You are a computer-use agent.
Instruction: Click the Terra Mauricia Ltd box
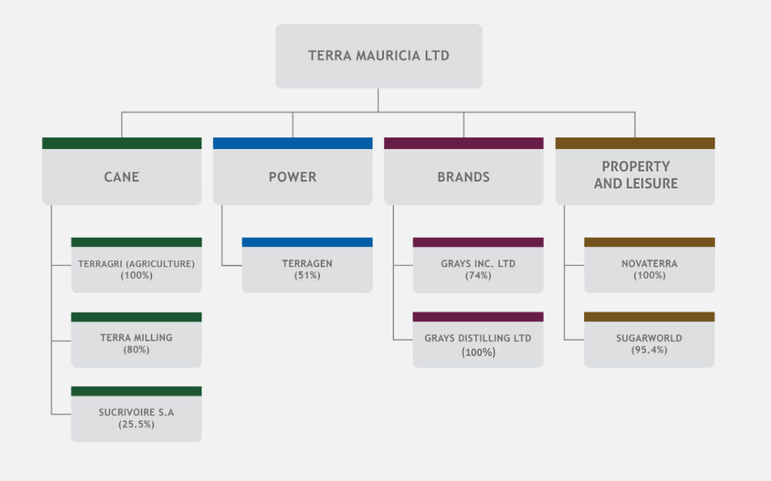tap(379, 56)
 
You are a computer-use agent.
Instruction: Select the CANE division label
tap(121, 177)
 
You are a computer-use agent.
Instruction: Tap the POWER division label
tap(292, 177)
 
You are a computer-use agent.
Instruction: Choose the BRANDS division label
tap(464, 177)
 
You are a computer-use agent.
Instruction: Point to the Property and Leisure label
tap(635, 175)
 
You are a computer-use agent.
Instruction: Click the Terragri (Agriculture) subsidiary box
tap(136, 269)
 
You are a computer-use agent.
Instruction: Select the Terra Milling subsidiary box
tap(136, 343)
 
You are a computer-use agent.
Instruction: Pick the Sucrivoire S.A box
tap(136, 418)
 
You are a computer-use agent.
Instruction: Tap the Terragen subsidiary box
tap(307, 269)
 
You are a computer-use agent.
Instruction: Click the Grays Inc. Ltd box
tap(478, 269)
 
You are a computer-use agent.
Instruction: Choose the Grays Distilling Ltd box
tap(478, 344)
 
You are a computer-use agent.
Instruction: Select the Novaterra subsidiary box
tap(649, 269)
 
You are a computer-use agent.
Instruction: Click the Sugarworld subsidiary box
tap(649, 343)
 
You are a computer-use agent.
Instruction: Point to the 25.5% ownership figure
tap(136, 424)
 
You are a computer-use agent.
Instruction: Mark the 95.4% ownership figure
tap(649, 350)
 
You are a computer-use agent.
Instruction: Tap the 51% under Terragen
tap(307, 276)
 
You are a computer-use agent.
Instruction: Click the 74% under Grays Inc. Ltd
tap(478, 276)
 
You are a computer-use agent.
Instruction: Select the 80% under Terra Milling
tap(136, 350)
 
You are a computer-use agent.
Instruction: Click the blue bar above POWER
tap(292, 143)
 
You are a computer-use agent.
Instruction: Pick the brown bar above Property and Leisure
tap(635, 143)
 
